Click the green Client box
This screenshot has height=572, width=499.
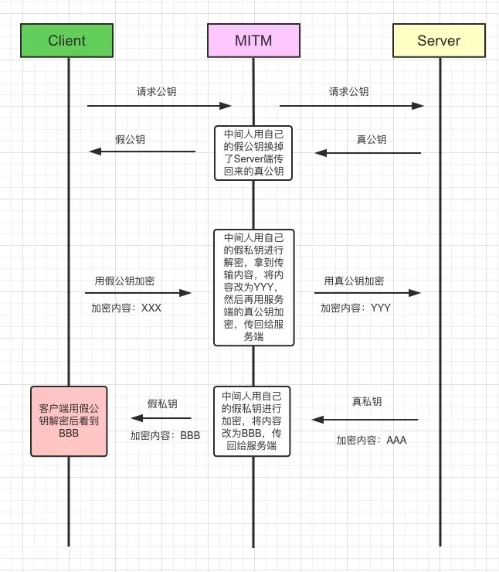pos(66,41)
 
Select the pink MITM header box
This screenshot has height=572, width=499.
pos(253,41)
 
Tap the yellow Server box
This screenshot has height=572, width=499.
pos(439,41)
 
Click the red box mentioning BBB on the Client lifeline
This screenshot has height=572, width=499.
pos(69,420)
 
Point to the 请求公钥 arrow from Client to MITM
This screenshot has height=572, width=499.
pos(159,106)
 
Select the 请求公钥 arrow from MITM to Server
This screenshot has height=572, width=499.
pos(351,106)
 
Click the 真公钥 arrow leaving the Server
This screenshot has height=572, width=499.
pos(368,153)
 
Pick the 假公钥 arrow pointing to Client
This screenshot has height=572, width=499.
pos(142,152)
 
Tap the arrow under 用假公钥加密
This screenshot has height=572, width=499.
pos(137,293)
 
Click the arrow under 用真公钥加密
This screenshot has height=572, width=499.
pos(367,293)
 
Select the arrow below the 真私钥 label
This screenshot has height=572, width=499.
pos(365,420)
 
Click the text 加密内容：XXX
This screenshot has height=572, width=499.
pos(126,308)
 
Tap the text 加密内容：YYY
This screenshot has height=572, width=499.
pos(356,308)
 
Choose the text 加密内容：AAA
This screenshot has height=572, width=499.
pos(371,440)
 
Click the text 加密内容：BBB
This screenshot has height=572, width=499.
pos(165,435)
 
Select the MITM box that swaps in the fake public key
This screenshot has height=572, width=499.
pos(253,152)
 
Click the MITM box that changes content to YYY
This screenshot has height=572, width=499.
pos(253,287)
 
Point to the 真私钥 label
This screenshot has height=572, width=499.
pos(367,402)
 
